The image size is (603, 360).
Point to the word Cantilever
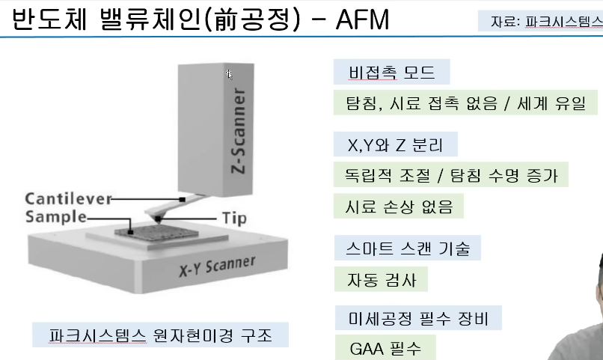[68, 199]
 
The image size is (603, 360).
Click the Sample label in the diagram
[55, 218]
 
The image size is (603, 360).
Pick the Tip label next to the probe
[234, 219]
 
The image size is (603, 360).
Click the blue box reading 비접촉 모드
[391, 73]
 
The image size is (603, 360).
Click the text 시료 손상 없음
[400, 205]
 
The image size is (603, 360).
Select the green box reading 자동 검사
[380, 279]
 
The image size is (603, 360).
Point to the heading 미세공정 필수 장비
[417, 319]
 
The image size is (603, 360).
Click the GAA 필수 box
[385, 349]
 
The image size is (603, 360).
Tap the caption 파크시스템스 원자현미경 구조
[161, 334]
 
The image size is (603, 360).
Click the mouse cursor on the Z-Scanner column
[230, 74]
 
